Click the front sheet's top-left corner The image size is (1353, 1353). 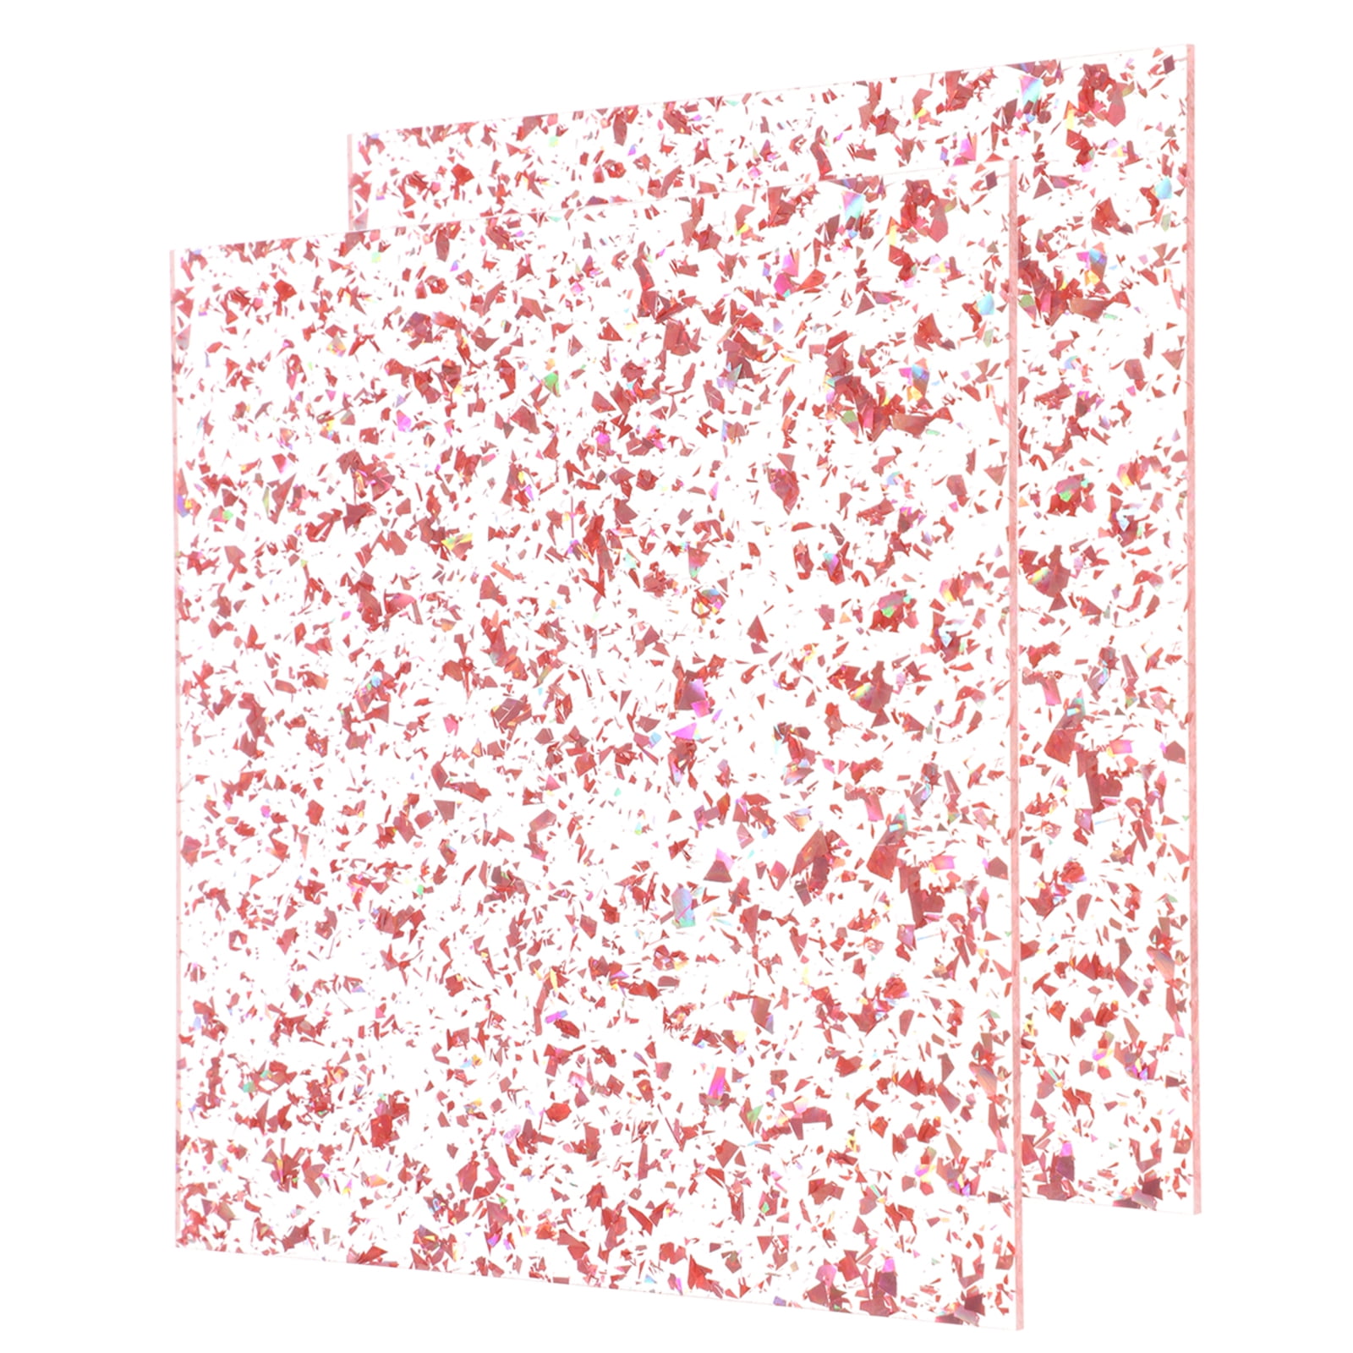pos(172,252)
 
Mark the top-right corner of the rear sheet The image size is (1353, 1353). pos(1191,47)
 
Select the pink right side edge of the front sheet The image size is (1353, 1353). pos(1017,736)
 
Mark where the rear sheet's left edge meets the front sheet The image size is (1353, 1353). pos(349,233)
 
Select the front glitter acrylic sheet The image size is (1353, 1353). pos(592,761)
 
